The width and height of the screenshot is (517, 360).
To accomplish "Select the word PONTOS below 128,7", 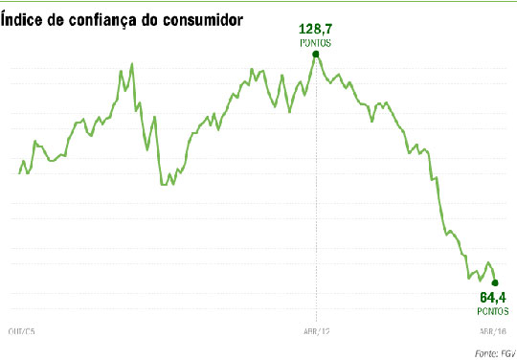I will pos(315,44).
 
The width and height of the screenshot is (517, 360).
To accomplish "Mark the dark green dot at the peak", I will pos(316,55).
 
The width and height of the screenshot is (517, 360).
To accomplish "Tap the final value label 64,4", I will pos(493,297).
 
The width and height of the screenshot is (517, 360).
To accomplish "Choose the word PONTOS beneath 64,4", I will pos(493,309).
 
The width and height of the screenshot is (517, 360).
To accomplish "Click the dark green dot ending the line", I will pos(494,282).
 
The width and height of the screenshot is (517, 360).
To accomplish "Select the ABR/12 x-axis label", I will pos(315,329).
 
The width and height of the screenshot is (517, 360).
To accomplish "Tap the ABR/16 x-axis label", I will pos(492,329).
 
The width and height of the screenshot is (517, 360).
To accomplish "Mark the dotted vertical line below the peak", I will pos(316,191).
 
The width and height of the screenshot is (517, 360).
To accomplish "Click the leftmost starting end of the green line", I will pos(19,173).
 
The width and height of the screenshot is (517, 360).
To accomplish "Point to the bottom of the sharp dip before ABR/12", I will pos(165,184).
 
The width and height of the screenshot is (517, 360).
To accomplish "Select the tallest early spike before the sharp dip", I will pos(131,64).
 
